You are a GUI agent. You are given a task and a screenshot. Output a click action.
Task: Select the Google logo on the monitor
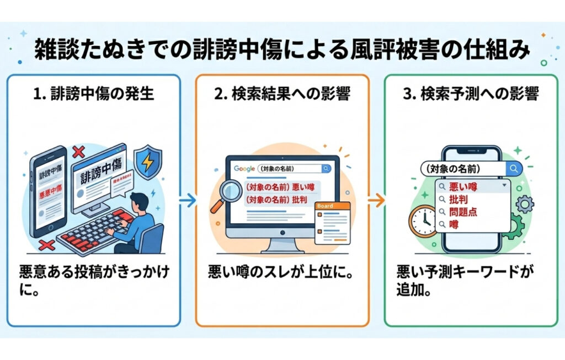tap(244, 169)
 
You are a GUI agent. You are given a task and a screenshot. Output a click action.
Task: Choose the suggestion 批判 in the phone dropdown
tap(459, 200)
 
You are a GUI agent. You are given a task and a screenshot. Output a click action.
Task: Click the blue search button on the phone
tap(514, 168)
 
